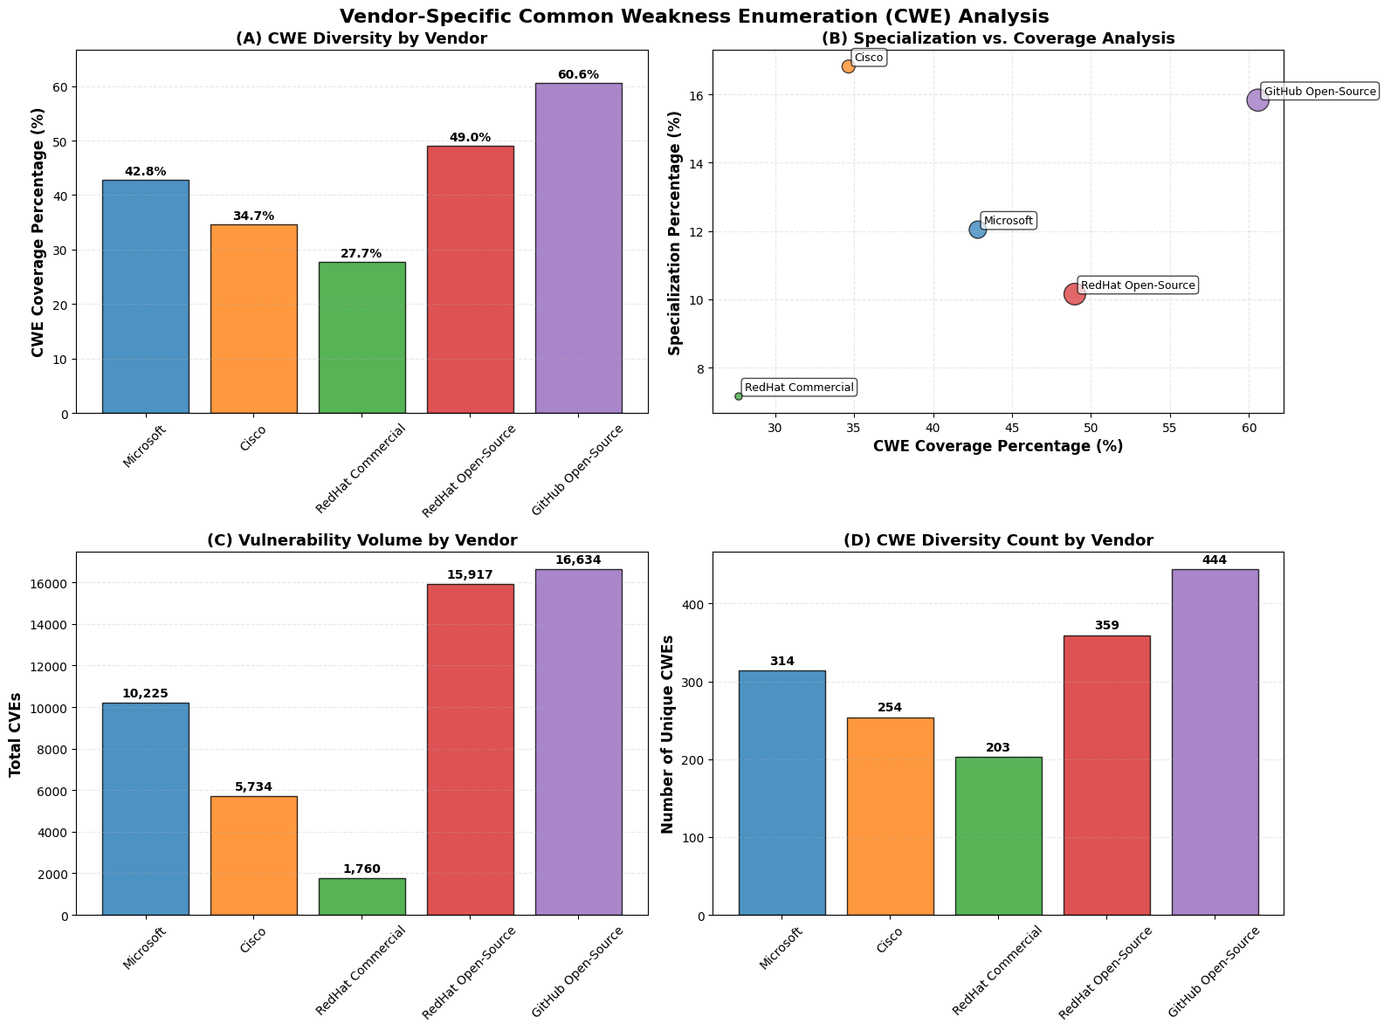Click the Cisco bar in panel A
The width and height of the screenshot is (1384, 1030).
point(253,319)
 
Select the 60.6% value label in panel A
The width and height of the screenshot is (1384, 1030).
point(578,75)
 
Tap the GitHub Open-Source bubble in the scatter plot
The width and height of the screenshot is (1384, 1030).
point(1257,100)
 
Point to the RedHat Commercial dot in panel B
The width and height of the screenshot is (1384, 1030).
point(739,396)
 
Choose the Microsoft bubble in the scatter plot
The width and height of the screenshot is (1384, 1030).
point(978,230)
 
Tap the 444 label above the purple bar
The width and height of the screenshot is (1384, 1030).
point(1215,560)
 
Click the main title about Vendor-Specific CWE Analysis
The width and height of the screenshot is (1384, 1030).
point(694,17)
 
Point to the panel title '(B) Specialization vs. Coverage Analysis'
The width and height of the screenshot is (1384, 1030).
point(998,38)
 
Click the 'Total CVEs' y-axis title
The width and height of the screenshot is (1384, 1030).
point(16,734)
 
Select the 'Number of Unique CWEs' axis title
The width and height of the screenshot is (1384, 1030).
point(668,734)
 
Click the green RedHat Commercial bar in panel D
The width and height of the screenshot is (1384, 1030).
point(998,836)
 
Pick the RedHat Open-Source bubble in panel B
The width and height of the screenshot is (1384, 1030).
point(1075,294)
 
